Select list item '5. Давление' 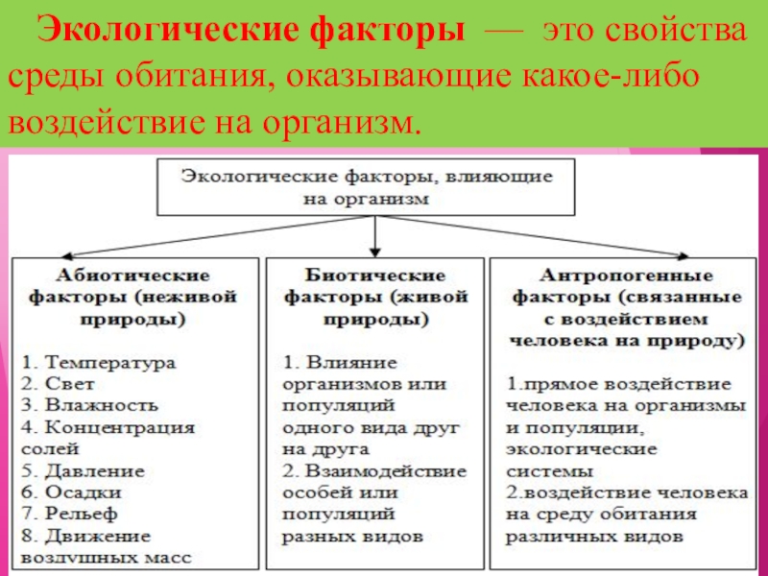tap(84, 471)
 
